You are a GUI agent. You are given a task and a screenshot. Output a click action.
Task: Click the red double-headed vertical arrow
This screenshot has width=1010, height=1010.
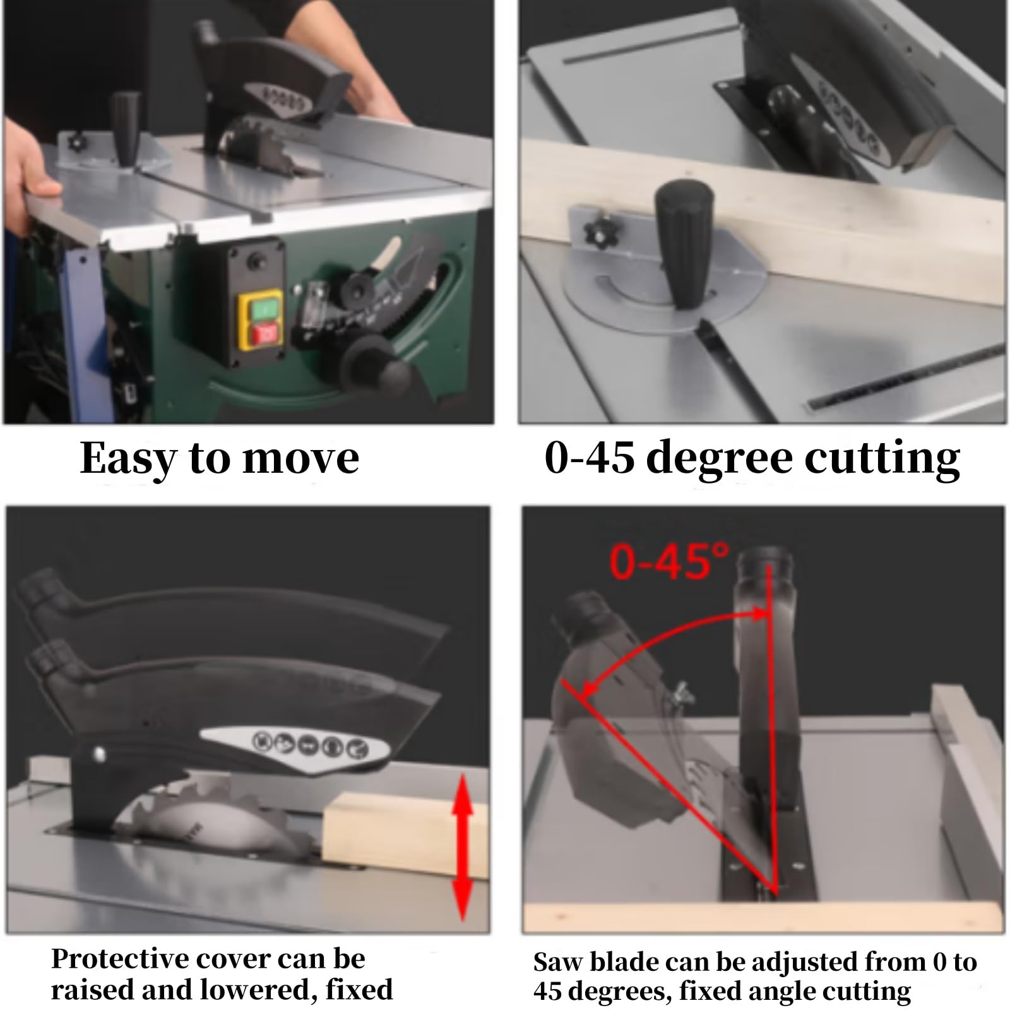(x=463, y=847)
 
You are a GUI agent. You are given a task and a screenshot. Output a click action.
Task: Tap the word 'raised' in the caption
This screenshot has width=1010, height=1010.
(x=91, y=990)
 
